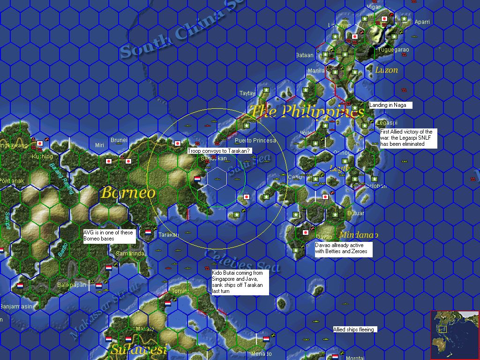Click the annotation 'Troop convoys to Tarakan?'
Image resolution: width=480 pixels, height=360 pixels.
point(219,151)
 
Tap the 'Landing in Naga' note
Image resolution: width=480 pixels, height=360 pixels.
point(391,105)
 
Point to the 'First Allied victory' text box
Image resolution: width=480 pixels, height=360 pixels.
point(408,138)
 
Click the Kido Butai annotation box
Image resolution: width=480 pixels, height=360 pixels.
point(240,282)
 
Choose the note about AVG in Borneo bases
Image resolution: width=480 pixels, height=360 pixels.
point(109,236)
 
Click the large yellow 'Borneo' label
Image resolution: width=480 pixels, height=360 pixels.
point(128,193)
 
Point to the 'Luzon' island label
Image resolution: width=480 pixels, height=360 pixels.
point(387,70)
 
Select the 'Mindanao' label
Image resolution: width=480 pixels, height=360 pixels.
point(358,235)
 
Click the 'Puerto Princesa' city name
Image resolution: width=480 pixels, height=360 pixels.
point(255,141)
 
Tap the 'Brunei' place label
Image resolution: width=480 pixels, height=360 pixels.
point(119,140)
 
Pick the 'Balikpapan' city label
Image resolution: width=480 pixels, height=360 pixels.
point(72,285)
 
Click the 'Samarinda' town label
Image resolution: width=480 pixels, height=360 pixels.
point(130,253)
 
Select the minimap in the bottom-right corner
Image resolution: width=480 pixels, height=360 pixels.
point(454,334)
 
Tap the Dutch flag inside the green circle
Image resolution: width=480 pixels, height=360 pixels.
point(197,179)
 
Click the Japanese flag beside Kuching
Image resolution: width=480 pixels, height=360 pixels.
point(40,143)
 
